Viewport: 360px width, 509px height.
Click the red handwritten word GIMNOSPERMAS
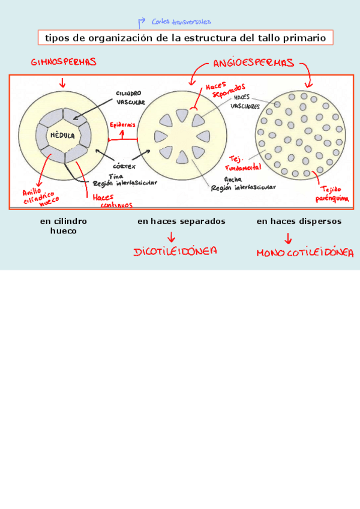64,62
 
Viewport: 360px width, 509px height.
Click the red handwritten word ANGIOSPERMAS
253,62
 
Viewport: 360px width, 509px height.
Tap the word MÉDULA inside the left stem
62,136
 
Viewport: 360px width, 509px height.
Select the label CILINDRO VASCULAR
130,98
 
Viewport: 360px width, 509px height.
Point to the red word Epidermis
122,124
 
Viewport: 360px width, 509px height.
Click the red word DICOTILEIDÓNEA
175,251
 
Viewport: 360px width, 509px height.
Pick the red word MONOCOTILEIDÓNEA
305,253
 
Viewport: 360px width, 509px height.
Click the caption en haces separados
181,221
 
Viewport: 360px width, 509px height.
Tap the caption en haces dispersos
299,221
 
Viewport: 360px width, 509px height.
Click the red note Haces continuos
112,202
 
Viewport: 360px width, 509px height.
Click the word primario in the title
307,38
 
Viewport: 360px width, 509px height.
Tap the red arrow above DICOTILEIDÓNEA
172,236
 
